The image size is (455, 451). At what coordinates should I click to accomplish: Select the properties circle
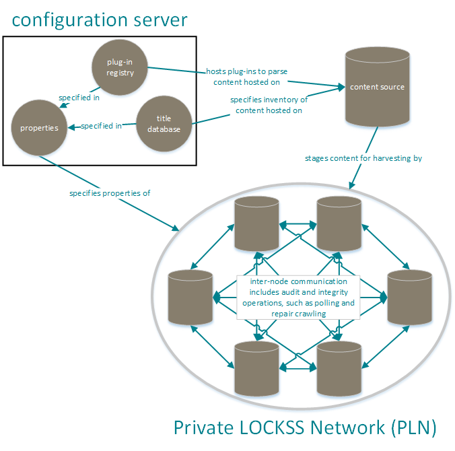39,127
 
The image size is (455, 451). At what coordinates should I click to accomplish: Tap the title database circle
164,124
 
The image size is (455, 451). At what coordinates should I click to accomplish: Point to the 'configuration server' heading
100,20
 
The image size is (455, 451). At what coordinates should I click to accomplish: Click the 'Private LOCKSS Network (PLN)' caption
305,427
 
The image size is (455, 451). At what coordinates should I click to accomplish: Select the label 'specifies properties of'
110,193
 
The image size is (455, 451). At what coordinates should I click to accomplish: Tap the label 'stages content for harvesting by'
363,159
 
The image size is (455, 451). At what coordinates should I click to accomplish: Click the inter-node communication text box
298,297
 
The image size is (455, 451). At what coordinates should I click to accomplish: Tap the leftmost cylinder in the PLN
190,297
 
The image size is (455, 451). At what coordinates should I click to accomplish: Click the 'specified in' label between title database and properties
101,125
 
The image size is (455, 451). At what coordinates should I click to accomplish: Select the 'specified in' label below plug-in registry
79,97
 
